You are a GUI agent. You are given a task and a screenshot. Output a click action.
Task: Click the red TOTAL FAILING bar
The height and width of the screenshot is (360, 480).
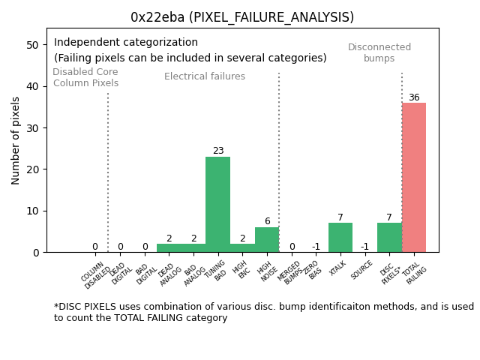414,178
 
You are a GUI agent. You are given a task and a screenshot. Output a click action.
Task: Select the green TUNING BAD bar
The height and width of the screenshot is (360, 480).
217,204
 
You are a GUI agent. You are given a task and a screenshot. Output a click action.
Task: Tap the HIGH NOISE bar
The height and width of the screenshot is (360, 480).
267,240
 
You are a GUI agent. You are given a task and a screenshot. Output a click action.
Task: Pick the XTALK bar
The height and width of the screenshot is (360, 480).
340,238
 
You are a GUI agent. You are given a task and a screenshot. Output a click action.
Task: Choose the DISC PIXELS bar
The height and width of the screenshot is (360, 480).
389,238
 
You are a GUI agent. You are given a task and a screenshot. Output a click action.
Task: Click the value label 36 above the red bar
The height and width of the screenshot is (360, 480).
414,97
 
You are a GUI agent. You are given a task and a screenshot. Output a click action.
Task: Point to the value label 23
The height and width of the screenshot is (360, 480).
217,151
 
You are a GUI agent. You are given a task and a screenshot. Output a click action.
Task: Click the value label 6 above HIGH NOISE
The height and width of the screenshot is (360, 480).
267,221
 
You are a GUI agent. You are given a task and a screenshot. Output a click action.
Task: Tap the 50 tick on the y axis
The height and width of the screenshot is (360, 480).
32,45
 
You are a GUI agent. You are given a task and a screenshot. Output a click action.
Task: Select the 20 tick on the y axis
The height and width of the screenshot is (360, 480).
32,169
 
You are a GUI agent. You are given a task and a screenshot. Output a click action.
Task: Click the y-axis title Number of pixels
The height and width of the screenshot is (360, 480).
16,140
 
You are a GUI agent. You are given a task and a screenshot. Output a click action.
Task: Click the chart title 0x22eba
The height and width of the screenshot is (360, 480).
242,17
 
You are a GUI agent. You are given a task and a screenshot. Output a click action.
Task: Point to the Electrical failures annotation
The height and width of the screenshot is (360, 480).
205,76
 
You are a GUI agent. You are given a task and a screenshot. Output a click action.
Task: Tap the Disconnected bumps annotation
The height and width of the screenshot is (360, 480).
379,52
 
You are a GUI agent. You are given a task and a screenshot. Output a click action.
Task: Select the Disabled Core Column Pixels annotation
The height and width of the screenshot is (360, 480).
85,77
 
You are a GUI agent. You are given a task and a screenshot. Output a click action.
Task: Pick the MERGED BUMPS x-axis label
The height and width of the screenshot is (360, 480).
291,273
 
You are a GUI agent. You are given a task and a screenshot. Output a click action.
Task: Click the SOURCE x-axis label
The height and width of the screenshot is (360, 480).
361,270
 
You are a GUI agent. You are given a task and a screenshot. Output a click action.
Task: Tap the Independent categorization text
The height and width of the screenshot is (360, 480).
126,43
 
